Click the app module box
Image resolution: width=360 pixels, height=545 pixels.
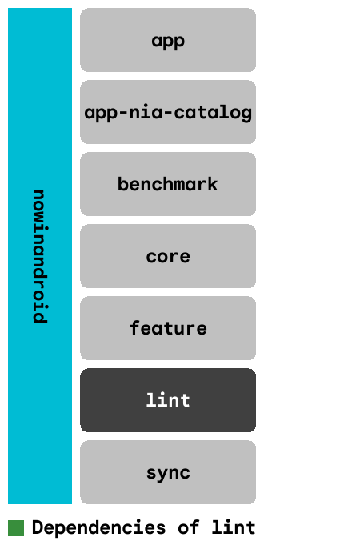pos(168,40)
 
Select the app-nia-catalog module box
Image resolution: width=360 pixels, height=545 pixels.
pos(168,112)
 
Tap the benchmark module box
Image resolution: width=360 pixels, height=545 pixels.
pos(168,184)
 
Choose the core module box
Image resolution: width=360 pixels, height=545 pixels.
pos(168,256)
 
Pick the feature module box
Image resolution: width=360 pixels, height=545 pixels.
pos(168,328)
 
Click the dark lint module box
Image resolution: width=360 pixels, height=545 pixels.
pos(168,400)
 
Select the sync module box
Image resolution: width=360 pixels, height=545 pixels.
pos(168,472)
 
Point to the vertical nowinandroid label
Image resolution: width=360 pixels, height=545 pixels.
pos(40,256)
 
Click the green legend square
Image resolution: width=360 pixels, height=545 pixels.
pos(16,528)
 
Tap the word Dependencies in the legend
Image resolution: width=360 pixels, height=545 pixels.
pos(98,527)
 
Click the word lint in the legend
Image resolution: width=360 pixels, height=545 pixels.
pos(234,527)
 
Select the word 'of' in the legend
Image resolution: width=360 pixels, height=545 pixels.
pos(189,527)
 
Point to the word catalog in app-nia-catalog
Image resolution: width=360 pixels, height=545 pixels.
pos(213,114)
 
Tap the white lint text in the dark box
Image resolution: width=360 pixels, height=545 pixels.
pos(168,400)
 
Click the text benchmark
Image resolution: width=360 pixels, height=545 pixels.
pos(168,184)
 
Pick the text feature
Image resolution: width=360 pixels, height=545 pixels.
pos(168,328)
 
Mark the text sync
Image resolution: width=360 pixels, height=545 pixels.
pos(168,474)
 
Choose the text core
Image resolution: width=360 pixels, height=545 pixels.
pos(168,257)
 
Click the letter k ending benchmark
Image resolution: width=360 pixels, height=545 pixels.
pos(213,184)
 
